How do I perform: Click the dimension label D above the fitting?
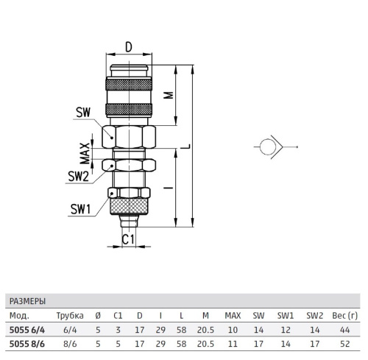[x=129, y=47]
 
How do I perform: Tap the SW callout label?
[x=83, y=113]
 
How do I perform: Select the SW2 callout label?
[x=78, y=176]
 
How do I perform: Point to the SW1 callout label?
[x=81, y=209]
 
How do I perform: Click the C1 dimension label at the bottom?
[x=128, y=239]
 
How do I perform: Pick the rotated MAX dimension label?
[x=85, y=153]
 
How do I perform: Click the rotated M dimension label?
[x=169, y=95]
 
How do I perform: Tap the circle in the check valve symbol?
[x=268, y=147]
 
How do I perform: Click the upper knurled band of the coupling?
[x=129, y=84]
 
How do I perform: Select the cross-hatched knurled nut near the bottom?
[x=129, y=206]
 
